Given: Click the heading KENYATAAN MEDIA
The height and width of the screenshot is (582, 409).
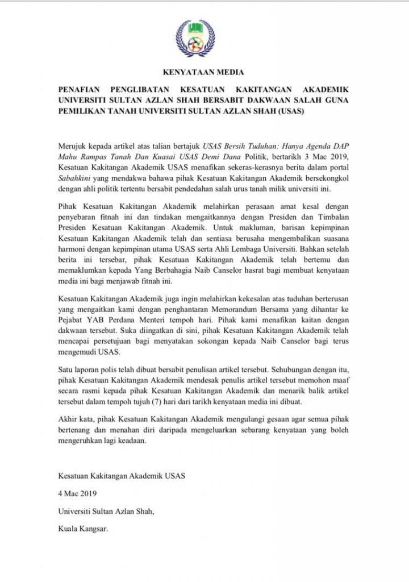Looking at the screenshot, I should pos(204,72).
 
